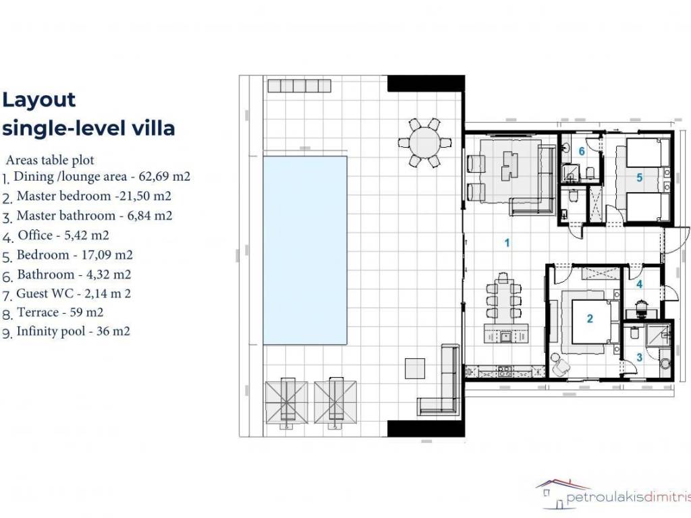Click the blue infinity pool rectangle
point(305,250)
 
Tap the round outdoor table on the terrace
point(425,142)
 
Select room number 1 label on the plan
point(507,243)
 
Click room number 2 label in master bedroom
point(590,318)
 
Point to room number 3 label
point(640,357)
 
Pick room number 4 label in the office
point(640,285)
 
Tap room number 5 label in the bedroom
point(640,177)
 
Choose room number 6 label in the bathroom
point(582,152)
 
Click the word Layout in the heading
point(38,100)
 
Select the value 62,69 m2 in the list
point(165,176)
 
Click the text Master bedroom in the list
point(63,196)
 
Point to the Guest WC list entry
point(74,294)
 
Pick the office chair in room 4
point(641,307)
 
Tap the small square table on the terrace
point(415,369)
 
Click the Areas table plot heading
point(50,160)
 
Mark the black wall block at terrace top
point(426,84)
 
